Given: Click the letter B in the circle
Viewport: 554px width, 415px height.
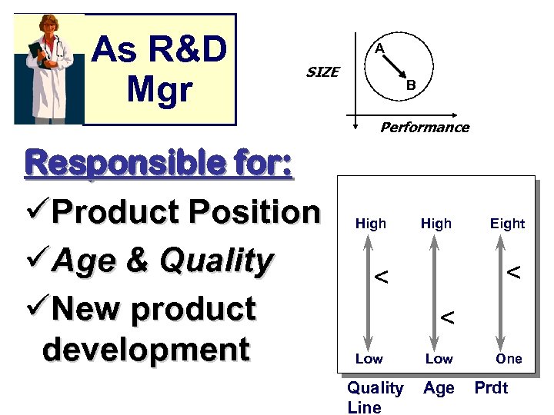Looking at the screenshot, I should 411,85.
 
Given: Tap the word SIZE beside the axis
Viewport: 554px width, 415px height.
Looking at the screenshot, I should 322,72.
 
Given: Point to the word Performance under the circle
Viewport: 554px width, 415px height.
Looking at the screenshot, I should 424,128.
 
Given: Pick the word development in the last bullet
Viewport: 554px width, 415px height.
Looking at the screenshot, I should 146,349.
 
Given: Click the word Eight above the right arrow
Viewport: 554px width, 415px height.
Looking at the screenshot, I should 508,224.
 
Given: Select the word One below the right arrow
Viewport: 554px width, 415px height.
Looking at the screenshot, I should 509,359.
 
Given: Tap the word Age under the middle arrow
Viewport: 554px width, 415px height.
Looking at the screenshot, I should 439,389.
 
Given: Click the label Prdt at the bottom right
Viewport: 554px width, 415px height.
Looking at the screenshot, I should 491,389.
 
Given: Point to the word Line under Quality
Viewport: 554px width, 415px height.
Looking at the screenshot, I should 364,407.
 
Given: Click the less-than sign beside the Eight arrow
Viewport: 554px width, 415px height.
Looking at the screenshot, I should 513,272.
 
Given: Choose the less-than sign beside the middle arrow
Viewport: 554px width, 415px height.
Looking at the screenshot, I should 446,317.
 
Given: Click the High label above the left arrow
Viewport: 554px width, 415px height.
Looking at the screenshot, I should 371,224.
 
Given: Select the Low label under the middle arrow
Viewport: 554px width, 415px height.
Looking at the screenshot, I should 439,359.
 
